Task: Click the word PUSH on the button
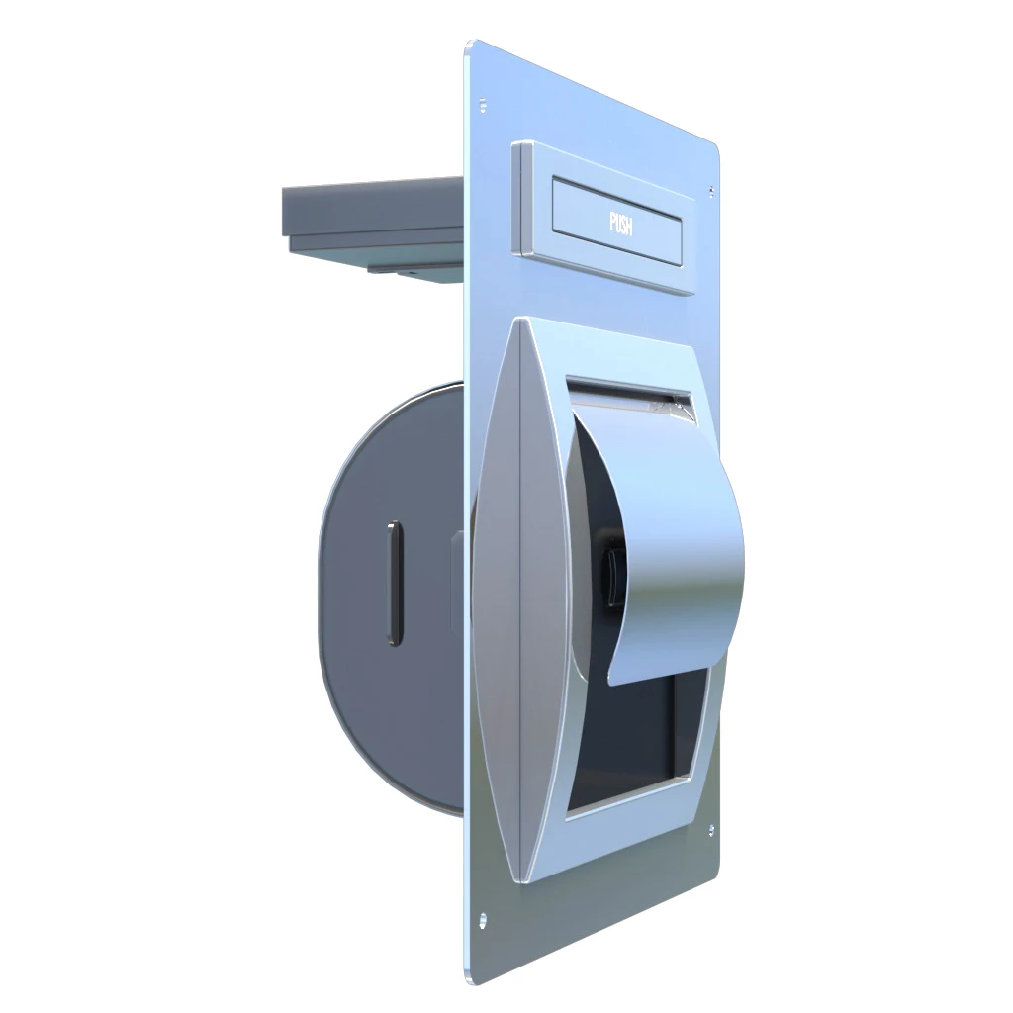620,223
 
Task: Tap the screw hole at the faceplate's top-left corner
483,102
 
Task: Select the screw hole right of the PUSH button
709,189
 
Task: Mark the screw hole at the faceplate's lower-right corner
709,830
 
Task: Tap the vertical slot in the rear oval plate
395,584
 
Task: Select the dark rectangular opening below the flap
633,732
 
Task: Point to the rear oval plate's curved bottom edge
396,782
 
